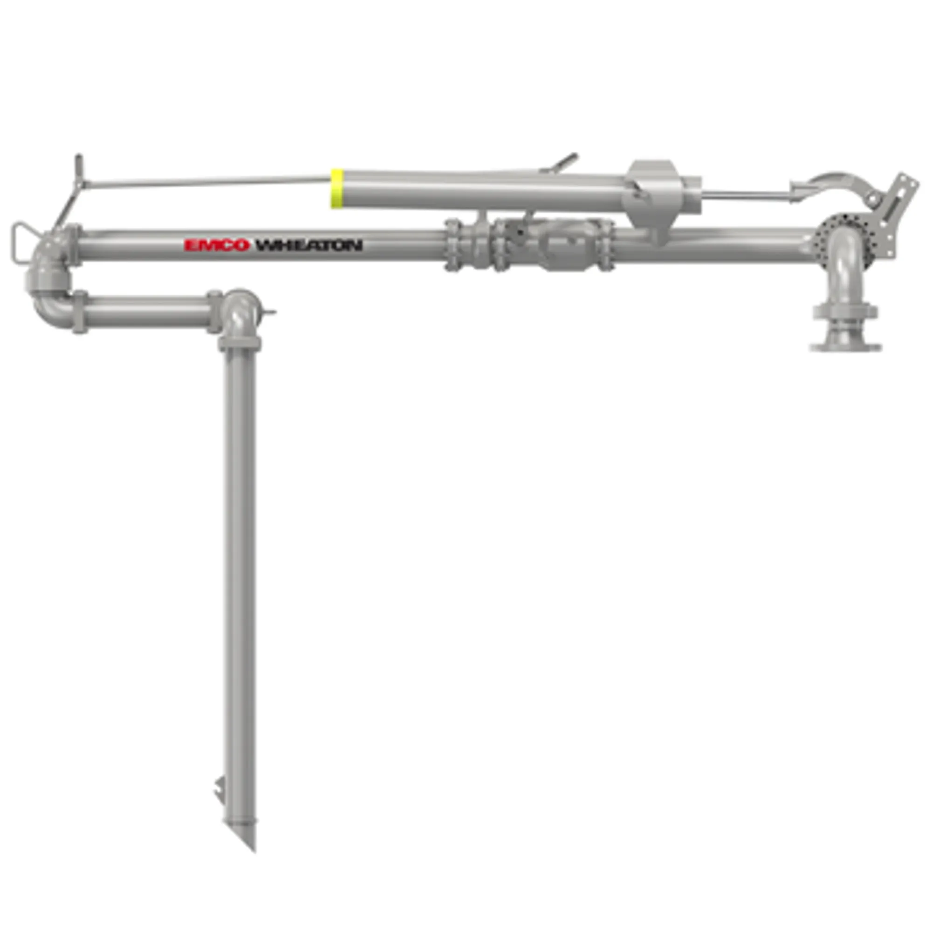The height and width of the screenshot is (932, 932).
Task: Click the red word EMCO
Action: click(217, 246)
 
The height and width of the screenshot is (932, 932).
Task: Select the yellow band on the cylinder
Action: click(337, 188)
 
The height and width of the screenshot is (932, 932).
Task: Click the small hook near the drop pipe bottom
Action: click(219, 789)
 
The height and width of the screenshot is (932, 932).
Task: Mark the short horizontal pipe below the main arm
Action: click(145, 311)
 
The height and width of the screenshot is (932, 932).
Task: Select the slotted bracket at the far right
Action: click(897, 198)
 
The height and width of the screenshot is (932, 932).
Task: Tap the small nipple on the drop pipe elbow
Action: click(269, 312)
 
